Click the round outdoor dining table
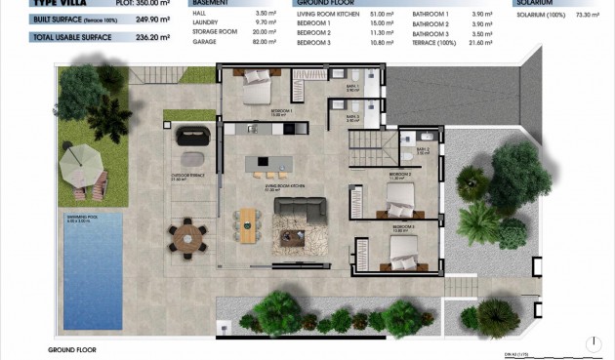coord(186,236)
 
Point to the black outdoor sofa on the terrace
coord(192,138)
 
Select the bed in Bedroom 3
coord(403,252)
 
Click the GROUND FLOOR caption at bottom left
coord(72,348)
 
